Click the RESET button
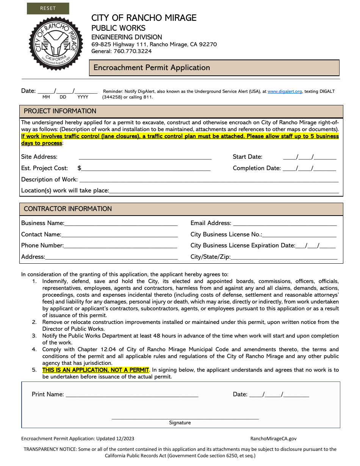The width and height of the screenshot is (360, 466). [x=48, y=8]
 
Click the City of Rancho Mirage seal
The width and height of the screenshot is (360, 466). [x=56, y=43]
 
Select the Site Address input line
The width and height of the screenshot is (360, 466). [x=145, y=157]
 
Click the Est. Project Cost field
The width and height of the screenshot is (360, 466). [x=146, y=168]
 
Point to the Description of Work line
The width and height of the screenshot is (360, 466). [x=208, y=180]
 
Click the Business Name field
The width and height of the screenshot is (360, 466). [x=121, y=223]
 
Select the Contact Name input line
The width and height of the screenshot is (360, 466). [x=119, y=235]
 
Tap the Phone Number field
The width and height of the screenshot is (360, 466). [x=121, y=246]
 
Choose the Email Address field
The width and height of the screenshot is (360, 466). [x=284, y=223]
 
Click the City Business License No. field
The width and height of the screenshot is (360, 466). [x=299, y=235]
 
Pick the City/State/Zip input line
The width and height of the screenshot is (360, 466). [x=284, y=257]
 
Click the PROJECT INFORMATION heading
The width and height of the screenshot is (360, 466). [x=60, y=111]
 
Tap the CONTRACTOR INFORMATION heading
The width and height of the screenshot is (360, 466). [x=68, y=209]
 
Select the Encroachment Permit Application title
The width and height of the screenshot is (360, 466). [x=152, y=68]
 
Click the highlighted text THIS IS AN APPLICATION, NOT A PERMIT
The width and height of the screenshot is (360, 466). [x=95, y=370]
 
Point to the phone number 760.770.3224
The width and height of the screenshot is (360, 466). [x=135, y=51]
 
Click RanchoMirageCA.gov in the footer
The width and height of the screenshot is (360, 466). [x=273, y=439]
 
